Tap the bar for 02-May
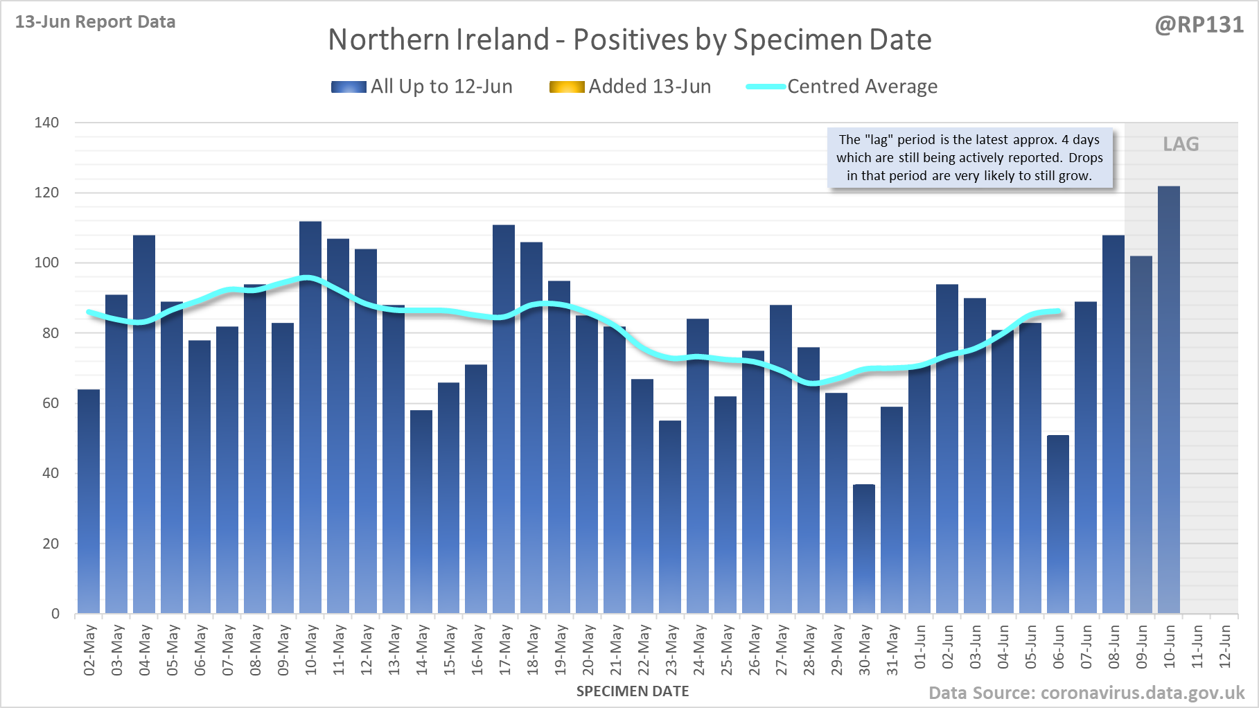[89, 502]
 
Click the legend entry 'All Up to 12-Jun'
[422, 87]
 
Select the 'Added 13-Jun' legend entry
[631, 87]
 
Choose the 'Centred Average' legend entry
[842, 87]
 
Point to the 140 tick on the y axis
[47, 123]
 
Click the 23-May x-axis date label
[671, 649]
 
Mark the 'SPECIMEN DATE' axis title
[633, 691]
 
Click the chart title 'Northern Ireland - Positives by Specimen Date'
[629, 39]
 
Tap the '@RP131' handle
[1199, 25]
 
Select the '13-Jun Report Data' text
[96, 22]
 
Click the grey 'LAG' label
[1181, 144]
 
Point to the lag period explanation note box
[969, 158]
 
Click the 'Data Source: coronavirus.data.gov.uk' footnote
[1086, 693]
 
